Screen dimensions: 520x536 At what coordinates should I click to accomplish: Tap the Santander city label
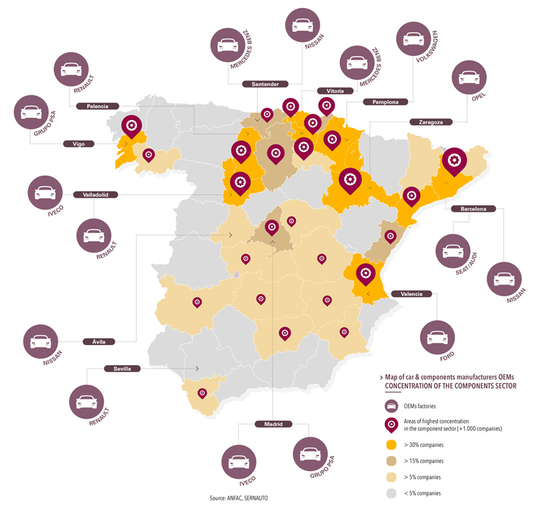click(265, 84)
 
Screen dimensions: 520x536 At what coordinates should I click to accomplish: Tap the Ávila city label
click(98, 342)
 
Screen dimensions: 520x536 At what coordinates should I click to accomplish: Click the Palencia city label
click(97, 106)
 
